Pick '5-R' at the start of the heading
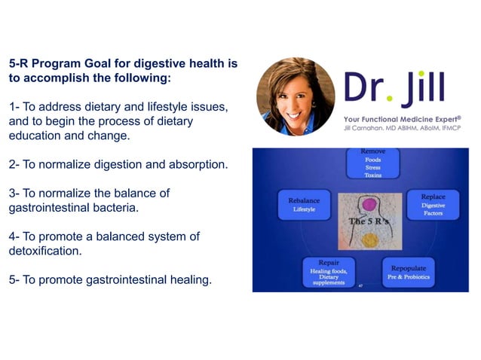(x=20, y=65)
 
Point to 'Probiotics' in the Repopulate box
(x=424, y=276)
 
